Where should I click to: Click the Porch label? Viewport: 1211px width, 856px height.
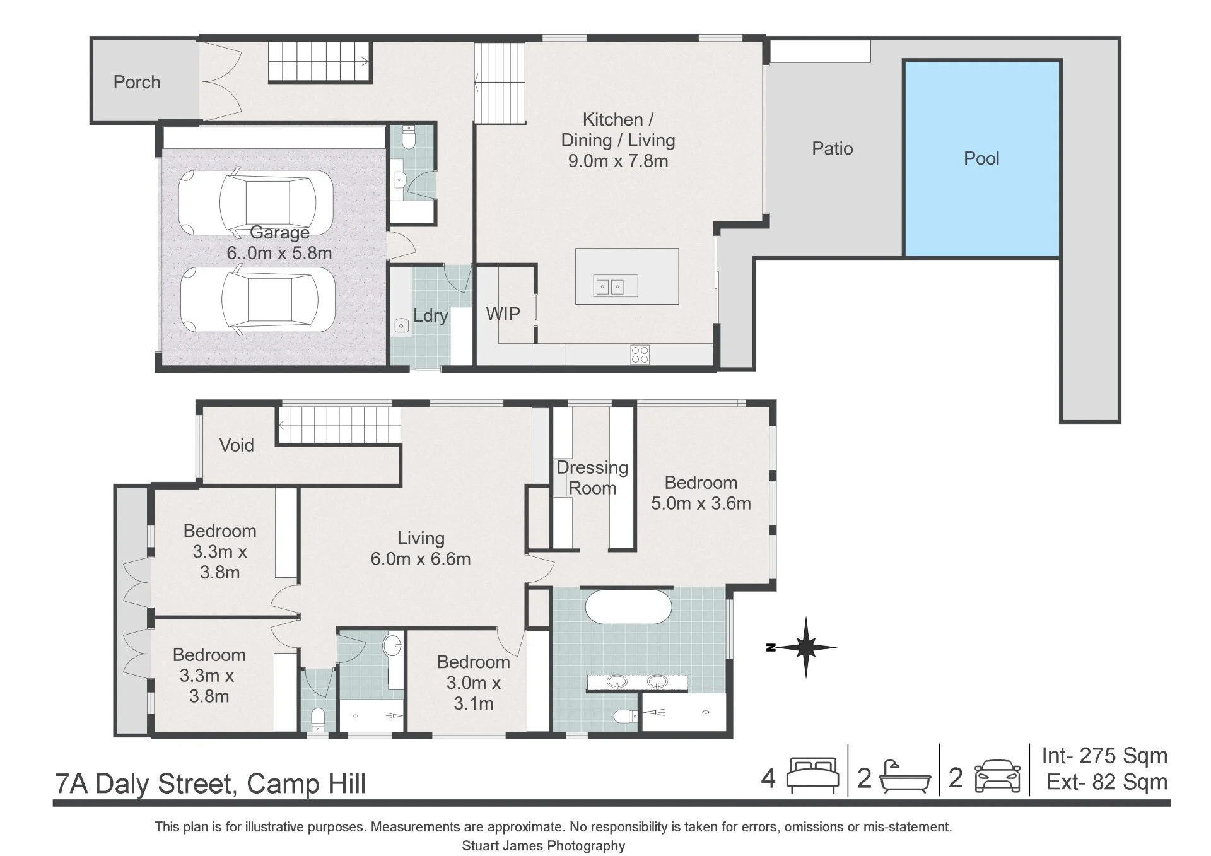137,82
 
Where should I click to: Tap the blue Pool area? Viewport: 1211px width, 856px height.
982,158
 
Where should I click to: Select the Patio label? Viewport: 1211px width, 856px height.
833,148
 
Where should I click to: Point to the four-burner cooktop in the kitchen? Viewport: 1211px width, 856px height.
640,355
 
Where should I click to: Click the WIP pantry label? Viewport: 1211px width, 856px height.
503,314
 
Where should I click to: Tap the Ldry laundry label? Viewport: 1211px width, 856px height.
430,315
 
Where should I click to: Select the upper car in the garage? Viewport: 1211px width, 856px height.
255,202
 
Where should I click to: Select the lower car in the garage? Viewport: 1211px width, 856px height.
257,300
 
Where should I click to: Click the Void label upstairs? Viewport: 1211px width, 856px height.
237,445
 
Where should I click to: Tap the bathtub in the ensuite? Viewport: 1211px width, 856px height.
628,607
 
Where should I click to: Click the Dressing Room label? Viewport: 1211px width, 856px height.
592,478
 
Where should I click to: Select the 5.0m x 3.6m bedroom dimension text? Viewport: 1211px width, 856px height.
701,503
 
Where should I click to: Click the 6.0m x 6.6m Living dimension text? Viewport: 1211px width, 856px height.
421,559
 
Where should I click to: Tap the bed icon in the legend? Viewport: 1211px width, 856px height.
812,775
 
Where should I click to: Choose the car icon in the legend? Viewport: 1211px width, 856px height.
997,776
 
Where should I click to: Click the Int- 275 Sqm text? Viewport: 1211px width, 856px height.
1104,755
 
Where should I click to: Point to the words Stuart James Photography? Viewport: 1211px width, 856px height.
544,846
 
